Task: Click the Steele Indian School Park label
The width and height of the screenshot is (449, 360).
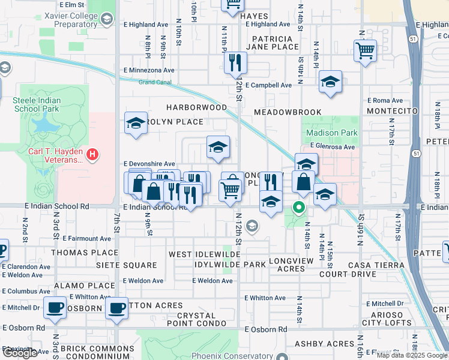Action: (37, 104)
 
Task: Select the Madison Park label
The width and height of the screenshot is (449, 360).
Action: (332, 133)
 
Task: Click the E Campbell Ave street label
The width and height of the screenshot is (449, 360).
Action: (268, 85)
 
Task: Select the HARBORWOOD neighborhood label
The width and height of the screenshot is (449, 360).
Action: (197, 107)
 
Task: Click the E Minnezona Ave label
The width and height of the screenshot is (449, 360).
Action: (148, 70)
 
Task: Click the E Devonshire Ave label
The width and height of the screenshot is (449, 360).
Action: (149, 163)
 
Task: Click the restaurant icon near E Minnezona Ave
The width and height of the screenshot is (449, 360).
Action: (235, 62)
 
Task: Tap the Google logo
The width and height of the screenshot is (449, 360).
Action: (20, 353)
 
